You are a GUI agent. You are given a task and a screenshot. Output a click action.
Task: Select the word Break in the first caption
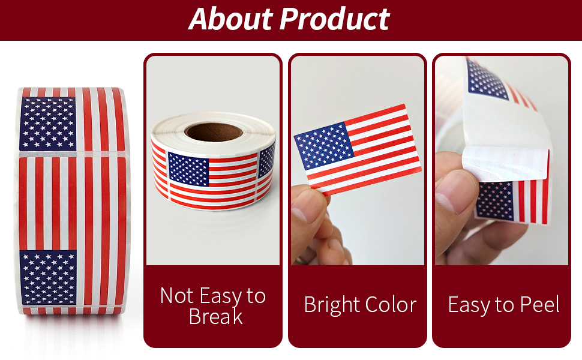click(x=215, y=316)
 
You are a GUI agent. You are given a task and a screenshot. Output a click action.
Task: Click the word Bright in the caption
click(x=332, y=305)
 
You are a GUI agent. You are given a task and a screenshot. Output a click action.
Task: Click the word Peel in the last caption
click(x=538, y=305)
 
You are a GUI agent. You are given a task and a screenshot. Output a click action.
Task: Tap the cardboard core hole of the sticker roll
click(x=213, y=131)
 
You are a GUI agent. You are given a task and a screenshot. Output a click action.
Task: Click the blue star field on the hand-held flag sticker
click(x=324, y=148)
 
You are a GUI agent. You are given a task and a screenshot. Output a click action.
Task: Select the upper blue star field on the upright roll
click(x=47, y=124)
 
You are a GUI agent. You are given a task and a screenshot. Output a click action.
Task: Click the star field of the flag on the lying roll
click(x=188, y=169)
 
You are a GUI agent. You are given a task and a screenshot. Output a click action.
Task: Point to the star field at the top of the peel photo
click(x=487, y=79)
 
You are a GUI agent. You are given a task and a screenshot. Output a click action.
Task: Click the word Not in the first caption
click(x=176, y=296)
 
